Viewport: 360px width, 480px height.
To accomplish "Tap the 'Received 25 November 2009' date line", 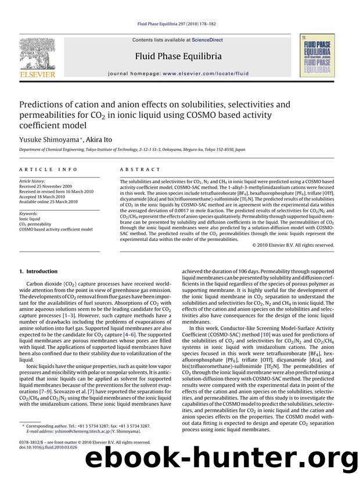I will pos(48,186).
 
